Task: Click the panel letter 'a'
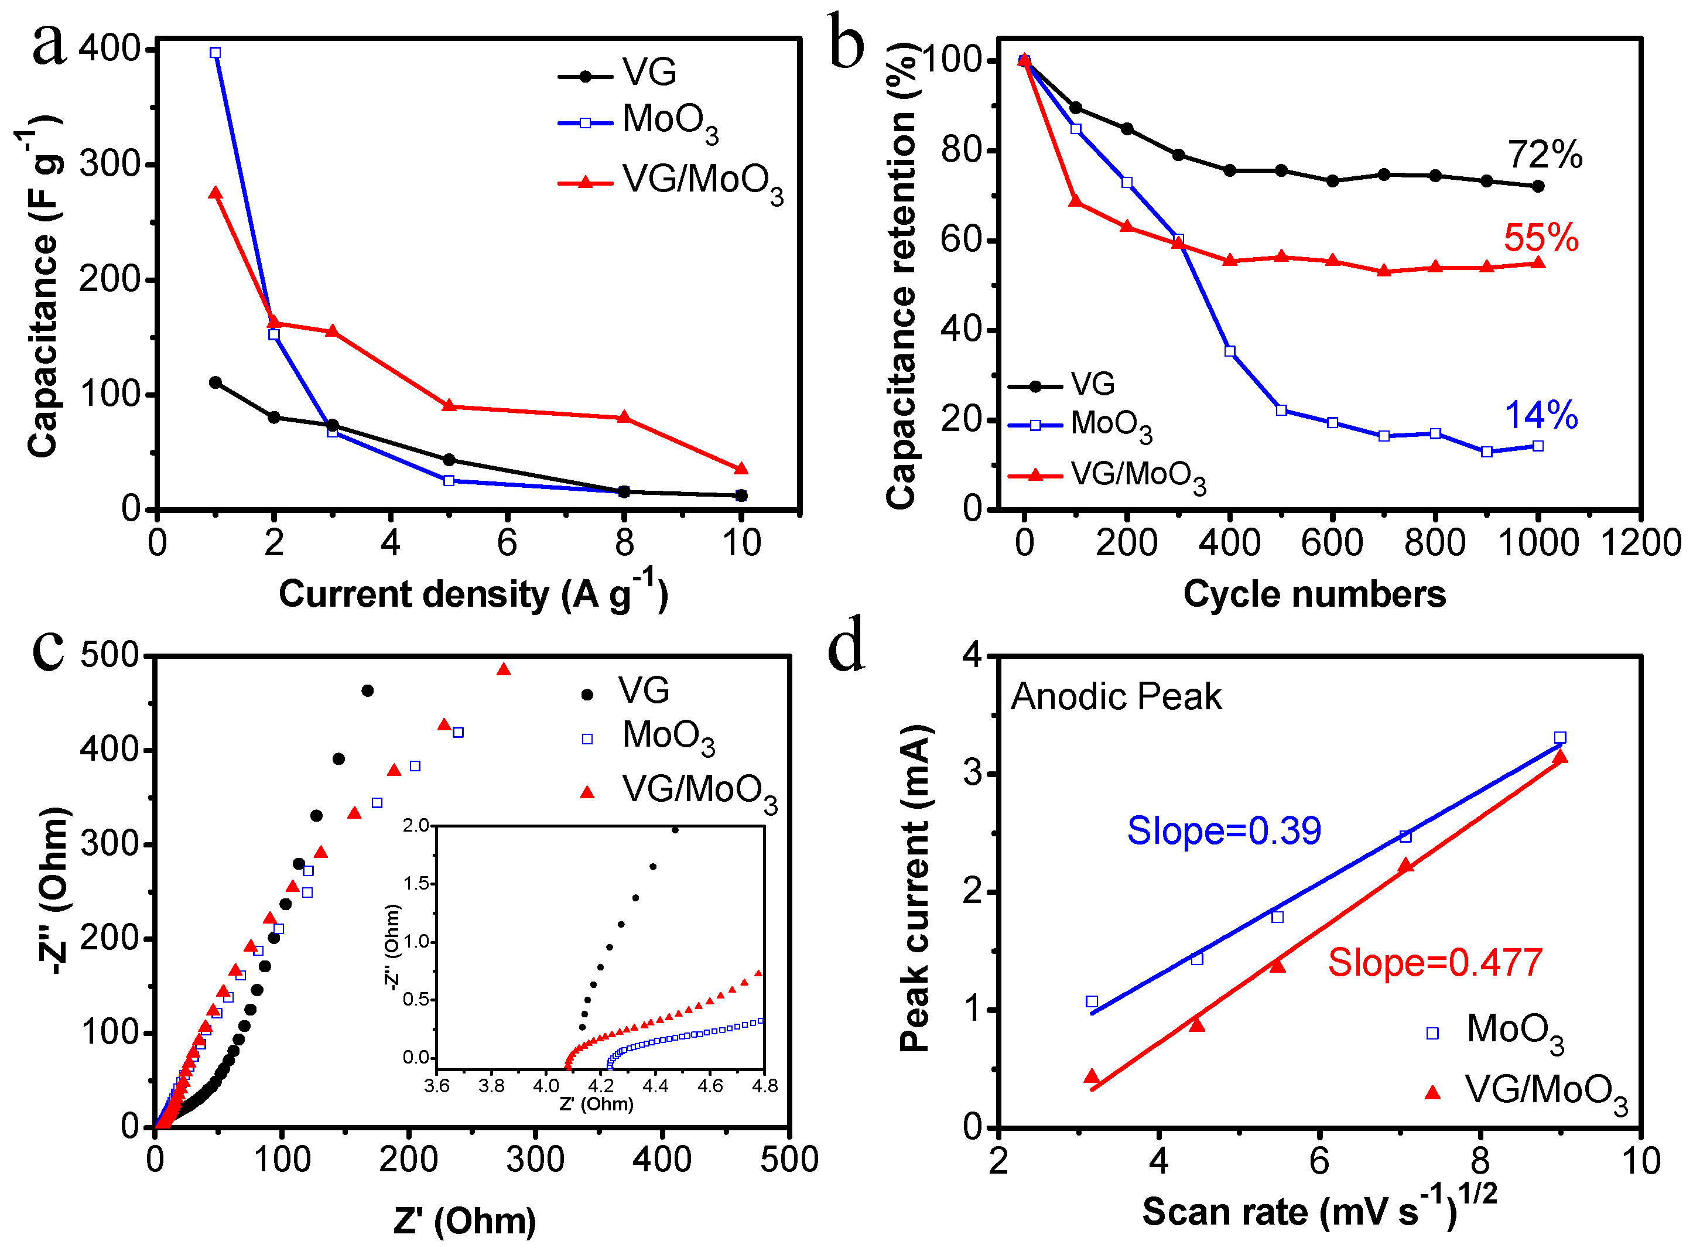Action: point(49,45)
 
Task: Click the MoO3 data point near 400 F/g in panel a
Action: point(216,53)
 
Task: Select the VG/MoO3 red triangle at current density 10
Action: point(741,469)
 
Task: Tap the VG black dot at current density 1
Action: point(216,382)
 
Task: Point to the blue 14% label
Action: point(1541,415)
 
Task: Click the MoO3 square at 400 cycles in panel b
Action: point(1230,351)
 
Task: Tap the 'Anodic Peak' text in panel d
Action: point(1116,696)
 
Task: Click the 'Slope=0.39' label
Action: point(1224,831)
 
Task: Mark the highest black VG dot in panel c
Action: point(368,690)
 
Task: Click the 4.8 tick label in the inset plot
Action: point(765,1086)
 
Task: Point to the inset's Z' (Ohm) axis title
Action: point(596,1104)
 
